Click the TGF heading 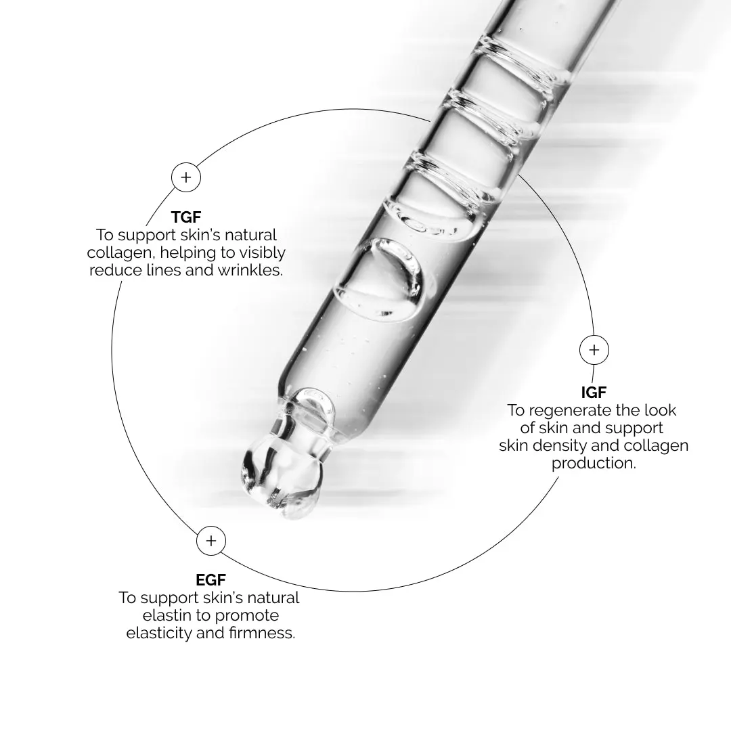(186, 217)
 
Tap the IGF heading (594, 393)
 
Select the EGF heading (211, 580)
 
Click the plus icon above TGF (186, 177)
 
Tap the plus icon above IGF (594, 350)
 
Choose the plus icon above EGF (211, 541)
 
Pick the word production (594, 463)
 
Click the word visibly (262, 253)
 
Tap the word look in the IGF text (660, 410)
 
